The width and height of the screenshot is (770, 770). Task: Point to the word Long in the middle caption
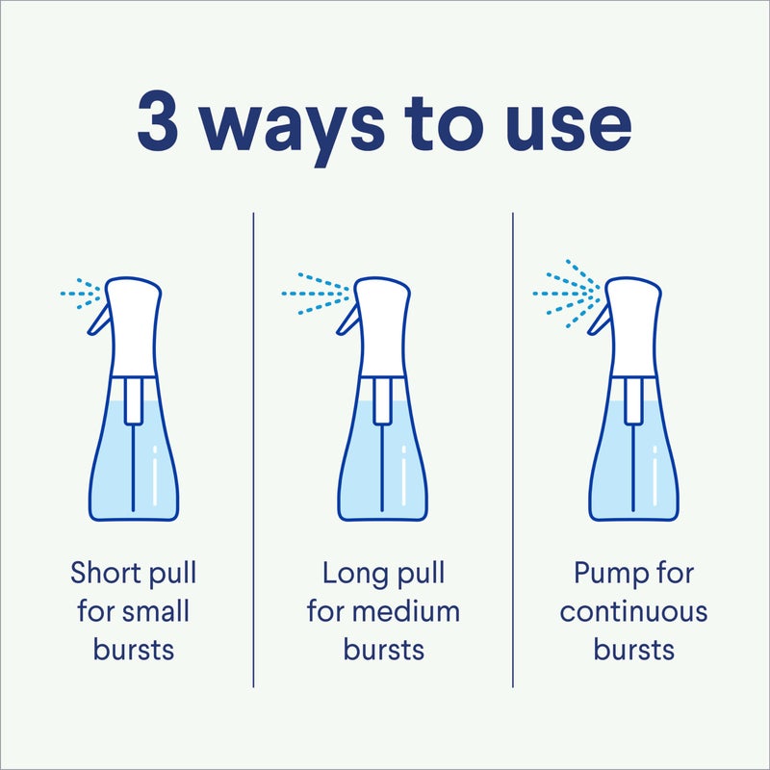pyautogui.click(x=354, y=574)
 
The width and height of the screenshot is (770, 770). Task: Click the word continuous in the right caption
pyautogui.click(x=633, y=611)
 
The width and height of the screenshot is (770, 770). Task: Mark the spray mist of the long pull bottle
pyautogui.click(x=318, y=292)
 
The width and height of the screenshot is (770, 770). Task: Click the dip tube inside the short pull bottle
pyautogui.click(x=133, y=462)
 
